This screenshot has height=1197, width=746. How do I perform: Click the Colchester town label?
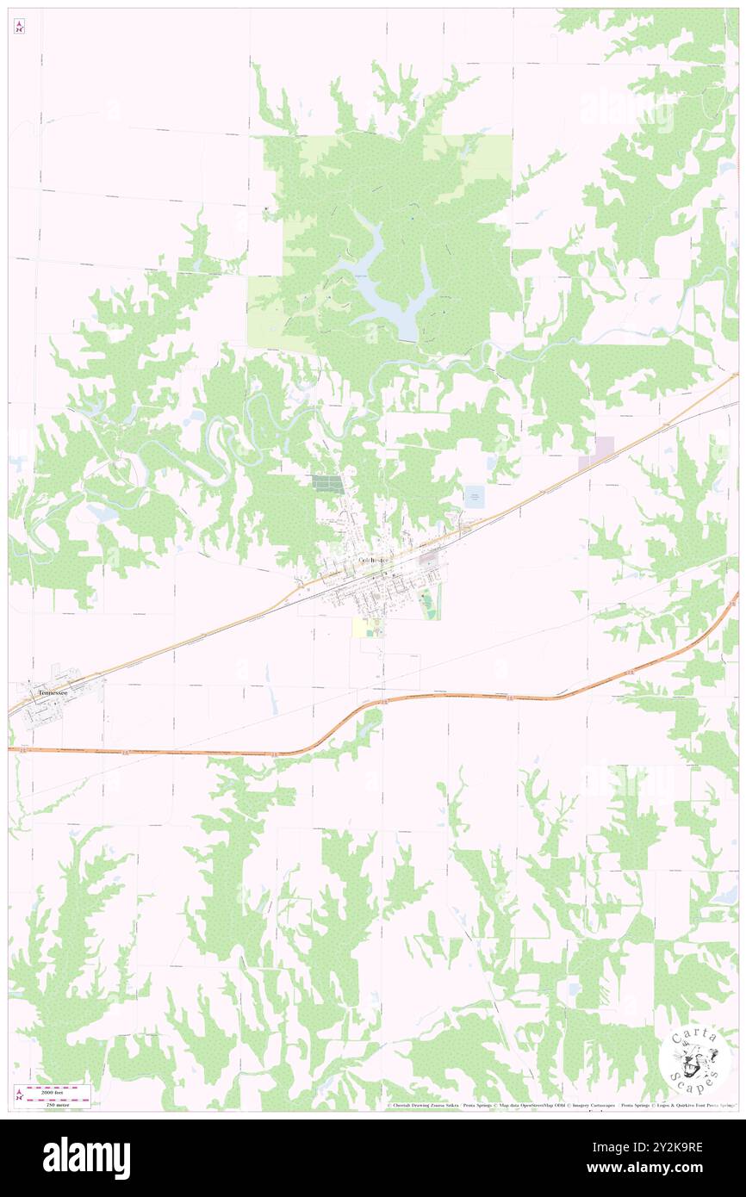click(x=375, y=561)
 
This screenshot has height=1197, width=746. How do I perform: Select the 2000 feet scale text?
click(x=57, y=1088)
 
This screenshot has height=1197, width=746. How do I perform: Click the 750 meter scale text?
click(x=57, y=1103)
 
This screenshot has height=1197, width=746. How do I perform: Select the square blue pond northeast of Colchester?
click(x=474, y=496)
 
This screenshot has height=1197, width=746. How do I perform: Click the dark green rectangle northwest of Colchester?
click(x=327, y=484)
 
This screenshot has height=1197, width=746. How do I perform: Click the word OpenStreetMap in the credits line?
click(x=548, y=1105)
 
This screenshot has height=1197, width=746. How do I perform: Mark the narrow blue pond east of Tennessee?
click(x=273, y=701)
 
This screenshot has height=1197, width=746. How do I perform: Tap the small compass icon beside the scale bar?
click(x=18, y=1095)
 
